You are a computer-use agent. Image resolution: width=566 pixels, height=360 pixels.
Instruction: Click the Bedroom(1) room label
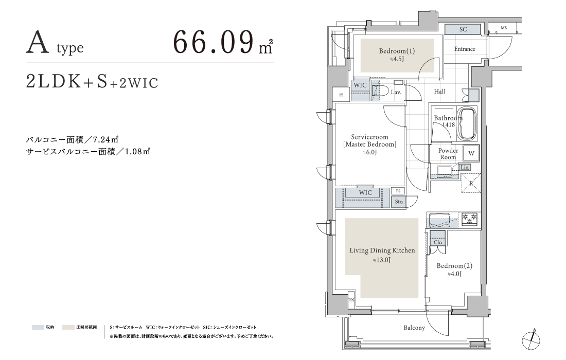[397, 51]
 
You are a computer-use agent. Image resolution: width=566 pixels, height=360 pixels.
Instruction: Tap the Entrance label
[465, 49]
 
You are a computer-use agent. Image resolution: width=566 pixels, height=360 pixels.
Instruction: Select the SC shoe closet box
[463, 29]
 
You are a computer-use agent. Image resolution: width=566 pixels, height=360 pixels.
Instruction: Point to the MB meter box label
[504, 28]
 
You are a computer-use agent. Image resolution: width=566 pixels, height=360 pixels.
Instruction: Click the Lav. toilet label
[396, 92]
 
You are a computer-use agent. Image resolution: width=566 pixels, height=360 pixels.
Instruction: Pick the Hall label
[439, 91]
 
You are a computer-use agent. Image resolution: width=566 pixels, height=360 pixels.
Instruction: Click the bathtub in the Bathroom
[466, 124]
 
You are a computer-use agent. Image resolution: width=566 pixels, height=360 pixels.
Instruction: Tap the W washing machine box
[471, 153]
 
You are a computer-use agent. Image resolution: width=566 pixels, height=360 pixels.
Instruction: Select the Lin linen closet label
[465, 167]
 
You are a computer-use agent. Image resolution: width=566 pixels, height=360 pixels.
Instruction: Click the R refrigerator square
[471, 183]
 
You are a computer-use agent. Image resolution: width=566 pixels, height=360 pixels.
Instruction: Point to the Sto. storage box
[399, 202]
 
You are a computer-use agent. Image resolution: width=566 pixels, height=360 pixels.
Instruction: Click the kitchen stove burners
[469, 219]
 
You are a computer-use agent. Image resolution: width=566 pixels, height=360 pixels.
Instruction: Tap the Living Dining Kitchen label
[382, 250]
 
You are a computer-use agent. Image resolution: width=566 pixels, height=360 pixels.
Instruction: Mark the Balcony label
[414, 328]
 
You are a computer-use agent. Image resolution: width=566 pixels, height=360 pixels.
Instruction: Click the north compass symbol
[532, 339]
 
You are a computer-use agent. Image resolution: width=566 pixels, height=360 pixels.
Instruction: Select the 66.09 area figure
[214, 42]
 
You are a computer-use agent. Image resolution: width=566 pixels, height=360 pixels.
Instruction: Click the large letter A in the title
[38, 43]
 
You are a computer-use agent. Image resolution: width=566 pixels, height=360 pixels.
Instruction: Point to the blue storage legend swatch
[38, 328]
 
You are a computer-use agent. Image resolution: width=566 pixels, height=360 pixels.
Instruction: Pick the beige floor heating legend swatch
[68, 328]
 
